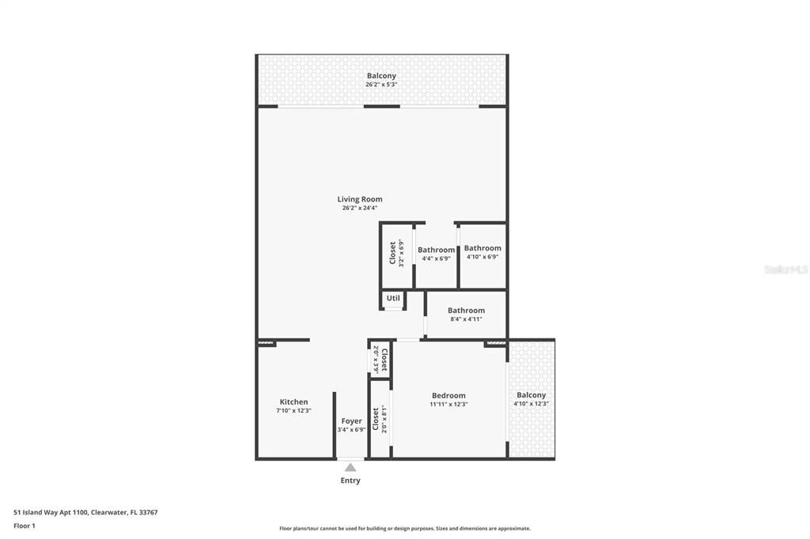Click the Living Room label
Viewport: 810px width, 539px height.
(360, 199)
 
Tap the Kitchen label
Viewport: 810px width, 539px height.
(293, 401)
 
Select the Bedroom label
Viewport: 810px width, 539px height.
(449, 395)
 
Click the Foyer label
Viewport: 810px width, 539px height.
(351, 421)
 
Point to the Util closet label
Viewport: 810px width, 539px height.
(393, 298)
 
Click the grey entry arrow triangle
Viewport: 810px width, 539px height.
(350, 467)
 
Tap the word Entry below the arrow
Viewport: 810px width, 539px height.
(350, 481)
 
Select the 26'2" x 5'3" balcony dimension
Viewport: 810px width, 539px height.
(381, 84)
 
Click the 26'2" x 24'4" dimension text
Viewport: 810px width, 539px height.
(360, 208)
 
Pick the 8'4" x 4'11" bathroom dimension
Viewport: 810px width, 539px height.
(466, 319)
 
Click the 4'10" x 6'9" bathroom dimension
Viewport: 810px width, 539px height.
(483, 257)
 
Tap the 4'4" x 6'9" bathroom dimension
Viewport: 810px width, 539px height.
(436, 258)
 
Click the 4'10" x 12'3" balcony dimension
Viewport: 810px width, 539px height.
(531, 404)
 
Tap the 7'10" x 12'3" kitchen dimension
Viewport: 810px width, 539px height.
(293, 410)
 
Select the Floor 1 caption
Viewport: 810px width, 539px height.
(25, 526)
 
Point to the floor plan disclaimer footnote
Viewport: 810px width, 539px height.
(405, 529)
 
